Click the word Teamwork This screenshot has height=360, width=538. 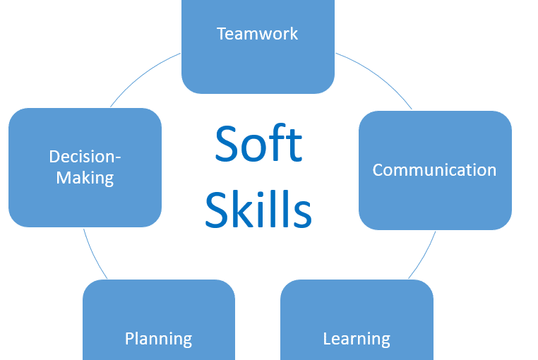[x=257, y=34]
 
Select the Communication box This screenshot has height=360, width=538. [x=435, y=170]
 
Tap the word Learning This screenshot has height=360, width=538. [x=357, y=340]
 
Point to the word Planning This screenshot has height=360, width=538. [x=159, y=340]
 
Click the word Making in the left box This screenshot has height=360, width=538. [x=85, y=178]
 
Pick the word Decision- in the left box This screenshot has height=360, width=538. [x=85, y=157]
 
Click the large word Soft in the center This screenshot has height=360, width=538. [x=258, y=143]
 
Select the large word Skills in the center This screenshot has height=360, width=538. [x=258, y=209]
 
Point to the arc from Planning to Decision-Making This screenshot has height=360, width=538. [x=93, y=255]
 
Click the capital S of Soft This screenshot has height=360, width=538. [x=227, y=143]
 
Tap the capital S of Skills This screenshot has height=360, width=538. [x=217, y=209]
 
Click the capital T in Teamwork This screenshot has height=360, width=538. [x=222, y=34]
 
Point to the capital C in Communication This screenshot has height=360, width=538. [x=378, y=170]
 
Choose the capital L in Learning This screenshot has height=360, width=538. [x=328, y=338]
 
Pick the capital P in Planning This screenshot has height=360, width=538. [x=129, y=338]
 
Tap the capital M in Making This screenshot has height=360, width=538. [x=63, y=178]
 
